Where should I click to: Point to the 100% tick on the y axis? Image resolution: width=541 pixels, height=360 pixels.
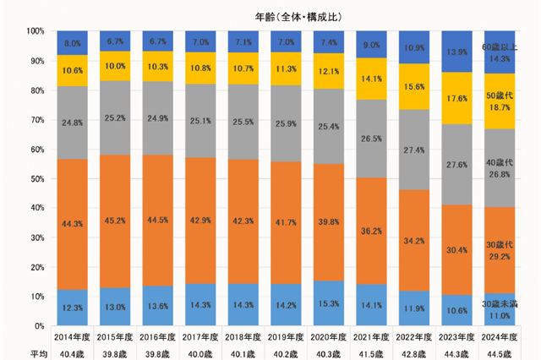(36, 31)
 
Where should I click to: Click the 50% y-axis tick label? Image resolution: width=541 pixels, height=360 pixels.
(37, 178)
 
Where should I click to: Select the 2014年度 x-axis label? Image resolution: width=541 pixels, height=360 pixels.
(72, 337)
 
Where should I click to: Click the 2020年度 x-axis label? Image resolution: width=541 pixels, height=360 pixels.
(328, 337)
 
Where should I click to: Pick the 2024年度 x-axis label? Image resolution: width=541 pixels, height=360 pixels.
(499, 337)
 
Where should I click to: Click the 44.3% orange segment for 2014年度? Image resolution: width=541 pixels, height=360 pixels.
(72, 223)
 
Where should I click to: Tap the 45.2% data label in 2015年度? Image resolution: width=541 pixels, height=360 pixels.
(115, 222)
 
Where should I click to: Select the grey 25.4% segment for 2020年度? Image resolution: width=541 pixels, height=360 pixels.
(328, 125)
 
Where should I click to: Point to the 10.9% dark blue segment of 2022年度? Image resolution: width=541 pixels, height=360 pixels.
(414, 47)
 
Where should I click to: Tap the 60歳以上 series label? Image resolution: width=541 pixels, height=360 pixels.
(500, 47)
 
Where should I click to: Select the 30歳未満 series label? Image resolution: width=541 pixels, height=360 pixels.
(500, 303)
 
